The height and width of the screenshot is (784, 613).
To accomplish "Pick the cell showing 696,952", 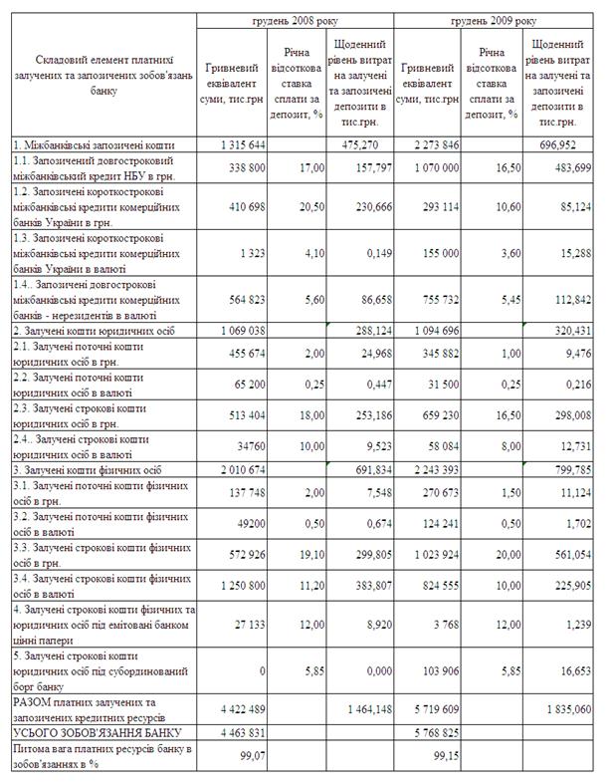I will click(563, 144).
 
